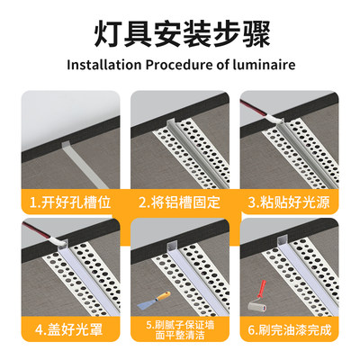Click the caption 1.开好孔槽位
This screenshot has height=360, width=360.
click(70, 202)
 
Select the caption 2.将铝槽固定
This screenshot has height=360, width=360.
click(179, 202)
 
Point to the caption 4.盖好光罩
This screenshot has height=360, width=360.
click(70, 328)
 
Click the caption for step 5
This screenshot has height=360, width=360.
click(179, 328)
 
